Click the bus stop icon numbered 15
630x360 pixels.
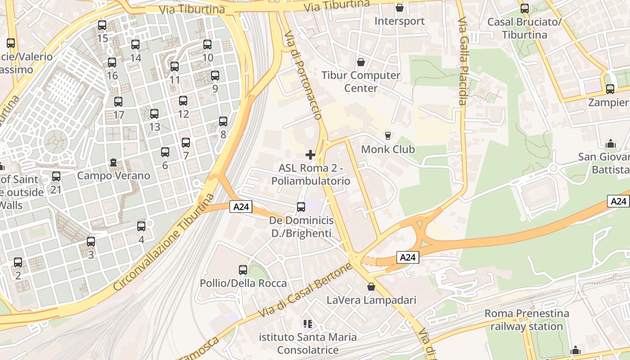click(102, 25)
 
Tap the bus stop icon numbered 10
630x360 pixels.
click(207, 45)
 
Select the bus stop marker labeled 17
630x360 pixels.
click(118, 102)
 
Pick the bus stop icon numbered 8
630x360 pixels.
click(223, 121)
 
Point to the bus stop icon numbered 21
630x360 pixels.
click(56, 176)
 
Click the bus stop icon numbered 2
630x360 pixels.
click(18, 262)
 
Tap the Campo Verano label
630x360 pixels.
click(113, 175)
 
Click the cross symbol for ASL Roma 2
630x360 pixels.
click(310, 155)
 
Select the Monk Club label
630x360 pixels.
click(388, 149)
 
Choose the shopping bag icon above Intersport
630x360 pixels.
click(399, 8)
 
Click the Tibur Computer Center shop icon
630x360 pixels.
click(360, 62)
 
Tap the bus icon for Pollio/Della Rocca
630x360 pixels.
click(243, 270)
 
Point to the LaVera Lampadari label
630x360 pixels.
click(371, 300)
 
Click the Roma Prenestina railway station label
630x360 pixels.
click(526, 319)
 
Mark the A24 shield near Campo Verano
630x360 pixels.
click(241, 207)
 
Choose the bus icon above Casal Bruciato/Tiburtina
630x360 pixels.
click(525, 9)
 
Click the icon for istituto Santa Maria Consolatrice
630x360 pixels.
click(308, 324)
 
